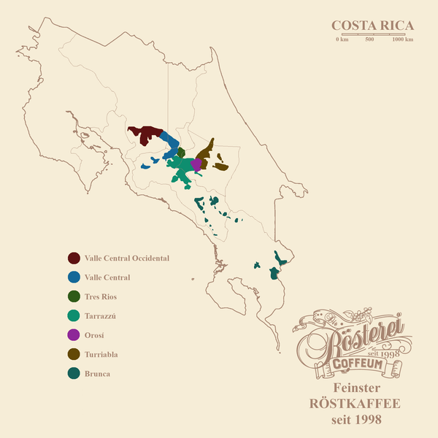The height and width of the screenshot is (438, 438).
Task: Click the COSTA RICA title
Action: tap(372, 26)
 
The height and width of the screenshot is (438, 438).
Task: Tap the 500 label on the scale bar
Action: tap(369, 39)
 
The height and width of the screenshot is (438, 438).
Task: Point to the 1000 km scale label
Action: tap(402, 39)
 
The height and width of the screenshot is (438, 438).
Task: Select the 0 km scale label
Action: tap(342, 39)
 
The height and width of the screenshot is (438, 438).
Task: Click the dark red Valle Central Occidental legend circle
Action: tap(74, 258)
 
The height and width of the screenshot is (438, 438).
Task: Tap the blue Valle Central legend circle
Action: tap(74, 277)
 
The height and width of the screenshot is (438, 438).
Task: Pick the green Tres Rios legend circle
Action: tap(74, 297)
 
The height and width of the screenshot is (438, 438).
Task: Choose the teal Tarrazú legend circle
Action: tap(74, 316)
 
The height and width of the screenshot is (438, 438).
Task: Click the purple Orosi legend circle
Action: tap(74, 335)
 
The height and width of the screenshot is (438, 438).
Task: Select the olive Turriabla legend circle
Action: tap(74, 355)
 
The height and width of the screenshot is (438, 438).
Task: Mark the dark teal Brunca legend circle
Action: tap(74, 374)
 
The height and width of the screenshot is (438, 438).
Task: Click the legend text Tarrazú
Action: tap(101, 316)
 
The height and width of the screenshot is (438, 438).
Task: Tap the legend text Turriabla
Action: tap(101, 355)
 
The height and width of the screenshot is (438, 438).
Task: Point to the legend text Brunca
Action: tap(97, 374)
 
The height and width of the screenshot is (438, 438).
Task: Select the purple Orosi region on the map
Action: tap(196, 164)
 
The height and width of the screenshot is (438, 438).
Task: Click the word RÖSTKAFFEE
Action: tap(357, 403)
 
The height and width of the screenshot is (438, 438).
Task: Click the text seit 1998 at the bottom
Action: tap(357, 419)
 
